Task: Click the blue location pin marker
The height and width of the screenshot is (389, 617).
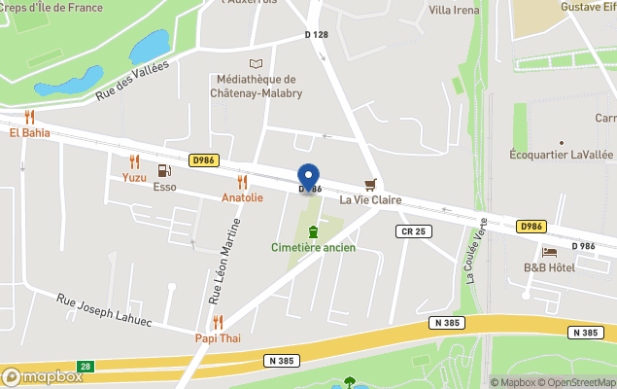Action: coord(309,178)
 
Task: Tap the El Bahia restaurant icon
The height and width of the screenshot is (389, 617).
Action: coord(29,117)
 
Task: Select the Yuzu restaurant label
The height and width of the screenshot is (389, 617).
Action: coord(134,177)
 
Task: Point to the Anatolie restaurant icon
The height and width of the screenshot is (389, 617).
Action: coord(242,182)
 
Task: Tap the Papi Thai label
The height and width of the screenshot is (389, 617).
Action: coord(217,338)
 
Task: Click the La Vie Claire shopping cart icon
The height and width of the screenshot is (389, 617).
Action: coord(369,184)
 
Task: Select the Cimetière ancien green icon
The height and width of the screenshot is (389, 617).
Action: coord(313,231)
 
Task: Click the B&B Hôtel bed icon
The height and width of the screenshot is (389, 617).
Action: coord(549,252)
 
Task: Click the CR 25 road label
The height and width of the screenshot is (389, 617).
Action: coord(413,230)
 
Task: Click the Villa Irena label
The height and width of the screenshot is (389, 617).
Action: coord(454,10)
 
